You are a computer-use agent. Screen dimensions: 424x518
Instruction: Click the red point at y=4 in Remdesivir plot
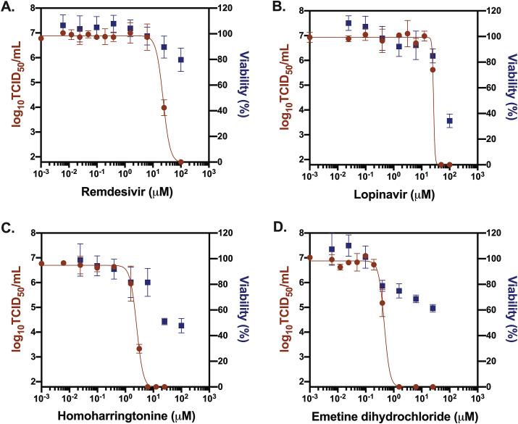[164, 108]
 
